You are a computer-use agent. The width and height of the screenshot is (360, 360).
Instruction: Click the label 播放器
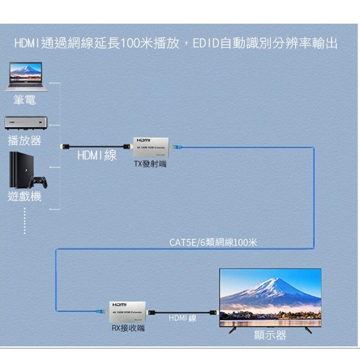(x=24, y=141)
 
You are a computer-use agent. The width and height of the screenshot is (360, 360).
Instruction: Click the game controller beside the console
(x=39, y=181)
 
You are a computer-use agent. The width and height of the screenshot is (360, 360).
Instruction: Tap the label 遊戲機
(x=24, y=196)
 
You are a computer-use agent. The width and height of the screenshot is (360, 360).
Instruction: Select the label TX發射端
(x=150, y=164)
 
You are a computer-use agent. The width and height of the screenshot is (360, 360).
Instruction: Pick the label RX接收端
(x=128, y=328)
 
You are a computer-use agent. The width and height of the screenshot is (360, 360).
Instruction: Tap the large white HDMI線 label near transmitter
(x=97, y=156)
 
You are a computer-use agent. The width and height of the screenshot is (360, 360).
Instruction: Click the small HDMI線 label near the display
(x=182, y=318)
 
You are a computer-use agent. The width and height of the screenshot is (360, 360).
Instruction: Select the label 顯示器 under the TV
(x=270, y=335)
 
